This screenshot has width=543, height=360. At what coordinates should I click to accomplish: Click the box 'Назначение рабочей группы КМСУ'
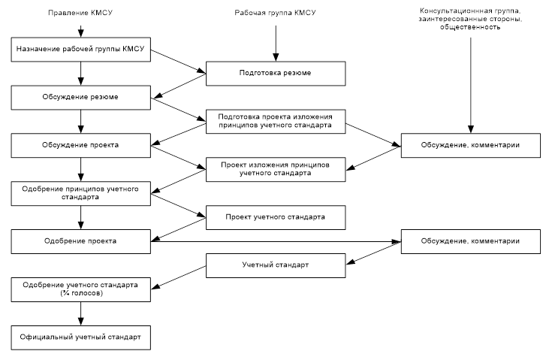81,50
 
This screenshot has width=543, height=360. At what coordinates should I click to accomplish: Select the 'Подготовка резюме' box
276,74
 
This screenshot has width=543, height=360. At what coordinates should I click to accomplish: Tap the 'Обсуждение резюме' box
81,97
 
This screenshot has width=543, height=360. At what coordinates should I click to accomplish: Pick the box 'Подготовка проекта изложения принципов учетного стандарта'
276,121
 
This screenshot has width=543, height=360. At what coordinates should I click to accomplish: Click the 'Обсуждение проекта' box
81,144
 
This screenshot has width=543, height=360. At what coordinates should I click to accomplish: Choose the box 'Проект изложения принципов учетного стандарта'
276,168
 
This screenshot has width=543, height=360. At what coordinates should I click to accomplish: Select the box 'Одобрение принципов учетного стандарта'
81,192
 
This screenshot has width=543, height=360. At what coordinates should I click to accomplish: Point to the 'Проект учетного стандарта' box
276,216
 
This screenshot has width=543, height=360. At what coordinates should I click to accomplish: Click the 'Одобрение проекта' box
81,241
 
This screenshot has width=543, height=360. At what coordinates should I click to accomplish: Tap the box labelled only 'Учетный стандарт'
276,265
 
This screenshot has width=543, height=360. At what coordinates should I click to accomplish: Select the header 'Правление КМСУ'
81,13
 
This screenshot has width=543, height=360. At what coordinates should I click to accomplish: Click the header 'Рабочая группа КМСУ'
275,13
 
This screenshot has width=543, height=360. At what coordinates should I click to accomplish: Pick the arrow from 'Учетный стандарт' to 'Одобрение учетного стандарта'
179,276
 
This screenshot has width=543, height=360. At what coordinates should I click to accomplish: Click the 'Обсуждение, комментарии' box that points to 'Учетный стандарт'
471,241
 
